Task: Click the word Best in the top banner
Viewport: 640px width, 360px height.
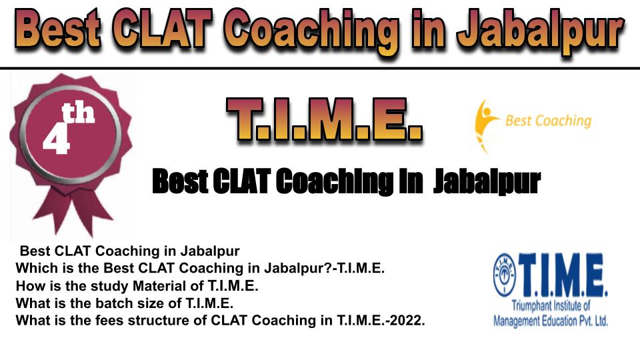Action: click(x=57, y=28)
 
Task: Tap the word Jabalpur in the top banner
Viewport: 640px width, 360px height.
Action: click(x=541, y=31)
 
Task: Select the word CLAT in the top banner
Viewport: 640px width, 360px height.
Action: click(x=162, y=28)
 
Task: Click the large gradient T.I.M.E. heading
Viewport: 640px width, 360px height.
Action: click(x=324, y=119)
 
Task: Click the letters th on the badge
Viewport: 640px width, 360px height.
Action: click(x=79, y=113)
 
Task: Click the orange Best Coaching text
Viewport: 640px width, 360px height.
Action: click(x=548, y=121)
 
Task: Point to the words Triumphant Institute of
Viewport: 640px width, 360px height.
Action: click(x=551, y=305)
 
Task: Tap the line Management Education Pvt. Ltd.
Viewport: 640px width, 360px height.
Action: click(x=551, y=321)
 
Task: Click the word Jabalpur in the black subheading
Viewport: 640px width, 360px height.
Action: click(x=487, y=182)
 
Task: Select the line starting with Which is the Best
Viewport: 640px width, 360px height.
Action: click(x=200, y=268)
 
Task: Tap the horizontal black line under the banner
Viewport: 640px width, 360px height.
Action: click(x=320, y=68)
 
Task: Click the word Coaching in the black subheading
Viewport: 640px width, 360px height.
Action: click(x=335, y=181)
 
